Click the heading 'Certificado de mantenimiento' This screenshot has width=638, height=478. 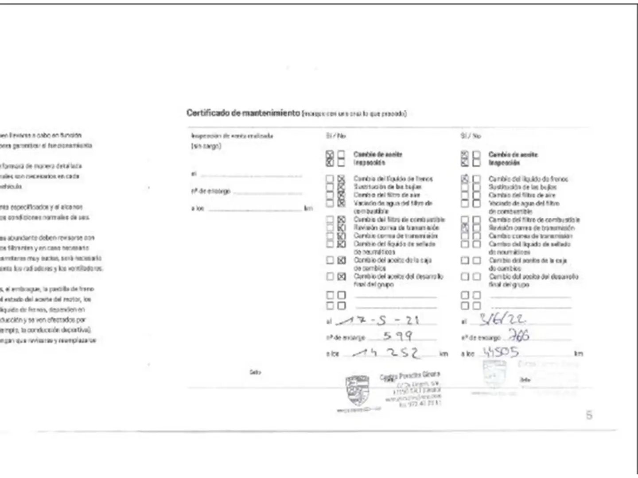click(x=243, y=113)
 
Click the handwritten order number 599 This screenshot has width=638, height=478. click(x=397, y=336)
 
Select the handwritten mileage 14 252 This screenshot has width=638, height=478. click(x=388, y=353)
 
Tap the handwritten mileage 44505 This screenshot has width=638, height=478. click(x=501, y=352)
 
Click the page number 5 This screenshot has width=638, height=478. click(x=589, y=415)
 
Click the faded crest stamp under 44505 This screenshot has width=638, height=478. click(x=494, y=374)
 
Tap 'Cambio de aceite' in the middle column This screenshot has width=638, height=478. click(x=377, y=154)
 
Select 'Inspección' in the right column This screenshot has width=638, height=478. click(x=504, y=163)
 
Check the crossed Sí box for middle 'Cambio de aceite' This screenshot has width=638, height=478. click(x=330, y=155)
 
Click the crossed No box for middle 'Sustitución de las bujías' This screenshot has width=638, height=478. click(x=341, y=187)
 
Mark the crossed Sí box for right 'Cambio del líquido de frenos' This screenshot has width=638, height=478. click(x=465, y=179)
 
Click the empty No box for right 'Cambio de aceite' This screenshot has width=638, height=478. click(x=476, y=155)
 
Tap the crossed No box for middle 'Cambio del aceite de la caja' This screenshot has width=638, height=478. click(x=341, y=260)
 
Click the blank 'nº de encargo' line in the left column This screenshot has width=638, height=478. click(x=268, y=192)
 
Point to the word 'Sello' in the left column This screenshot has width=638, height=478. click(x=255, y=372)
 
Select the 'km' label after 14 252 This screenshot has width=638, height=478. click(x=443, y=354)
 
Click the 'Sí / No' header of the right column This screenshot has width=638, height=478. click(x=470, y=136)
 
